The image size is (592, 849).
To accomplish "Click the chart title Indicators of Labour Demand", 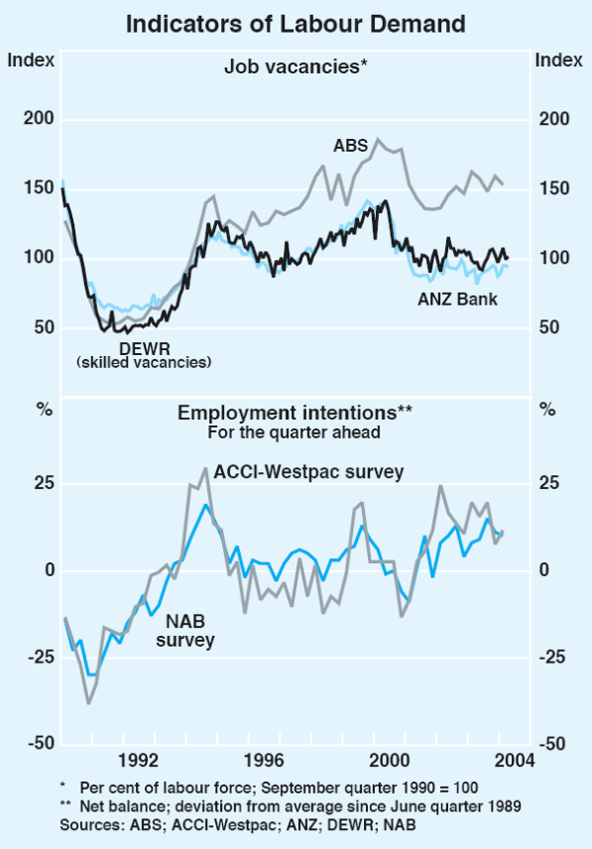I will [x=295, y=23].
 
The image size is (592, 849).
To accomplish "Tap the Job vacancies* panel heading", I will [x=295, y=68].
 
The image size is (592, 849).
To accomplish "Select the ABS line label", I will [x=349, y=146].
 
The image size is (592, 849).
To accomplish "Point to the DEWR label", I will [x=144, y=348].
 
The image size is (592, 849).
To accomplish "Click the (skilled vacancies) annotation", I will [x=144, y=363].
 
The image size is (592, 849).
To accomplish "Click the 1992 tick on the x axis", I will [x=137, y=759].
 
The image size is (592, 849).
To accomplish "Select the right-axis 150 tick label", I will [x=555, y=189].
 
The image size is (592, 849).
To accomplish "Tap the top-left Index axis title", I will [x=28, y=59].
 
